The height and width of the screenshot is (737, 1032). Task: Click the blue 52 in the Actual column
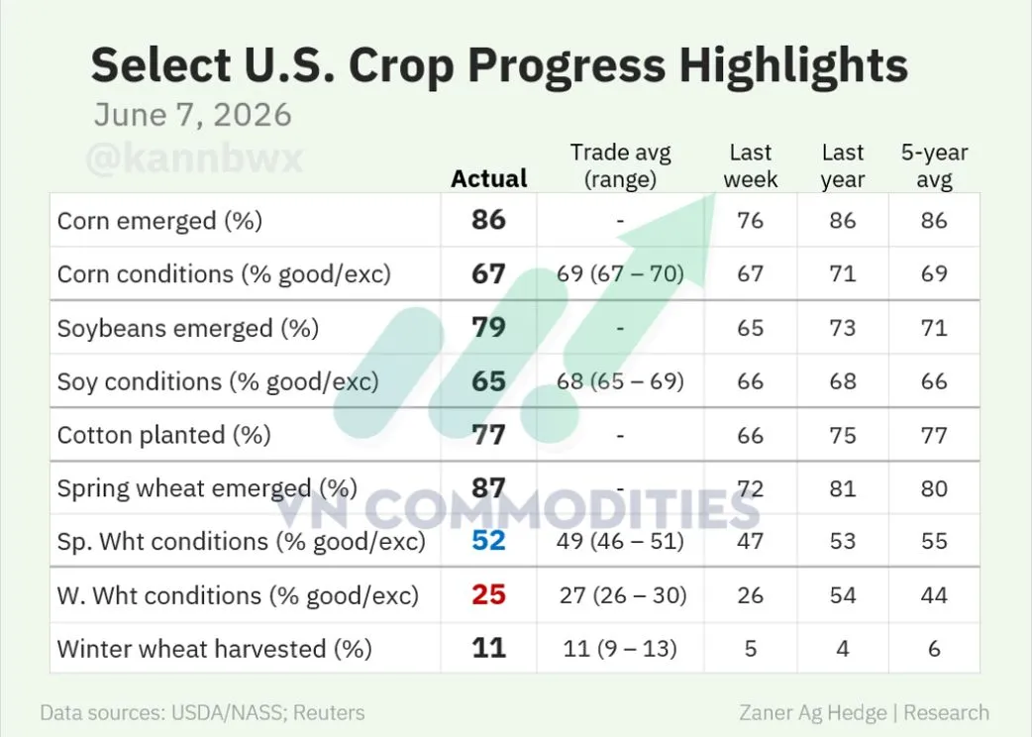[x=488, y=541]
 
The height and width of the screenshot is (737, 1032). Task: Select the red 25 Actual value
[x=488, y=595]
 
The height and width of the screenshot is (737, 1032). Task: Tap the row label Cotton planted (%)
[x=163, y=435]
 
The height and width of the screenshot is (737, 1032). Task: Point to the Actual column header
[x=489, y=178]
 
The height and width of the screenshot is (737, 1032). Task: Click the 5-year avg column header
[x=935, y=165]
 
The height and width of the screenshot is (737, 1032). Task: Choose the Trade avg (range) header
[x=621, y=165]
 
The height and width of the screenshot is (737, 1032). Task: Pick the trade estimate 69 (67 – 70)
[x=621, y=273]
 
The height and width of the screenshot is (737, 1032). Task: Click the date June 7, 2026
[x=192, y=115]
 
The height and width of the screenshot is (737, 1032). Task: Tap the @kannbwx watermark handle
[x=194, y=158]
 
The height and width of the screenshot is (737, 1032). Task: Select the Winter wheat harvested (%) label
[x=215, y=649]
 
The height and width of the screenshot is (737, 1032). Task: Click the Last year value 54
[x=843, y=595]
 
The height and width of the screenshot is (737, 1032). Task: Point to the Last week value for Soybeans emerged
[x=751, y=328]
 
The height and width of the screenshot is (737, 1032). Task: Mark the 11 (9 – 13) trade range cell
[x=620, y=649]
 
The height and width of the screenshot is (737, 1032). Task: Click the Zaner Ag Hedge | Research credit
[x=865, y=712]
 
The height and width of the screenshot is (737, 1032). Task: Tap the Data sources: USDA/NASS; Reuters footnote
[x=202, y=712]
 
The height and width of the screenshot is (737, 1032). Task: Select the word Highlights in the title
[x=793, y=64]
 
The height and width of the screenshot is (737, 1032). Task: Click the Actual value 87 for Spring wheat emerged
[x=488, y=487]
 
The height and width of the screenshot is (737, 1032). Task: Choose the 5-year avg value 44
[x=935, y=595]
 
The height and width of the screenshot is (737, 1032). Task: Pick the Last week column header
[x=751, y=165]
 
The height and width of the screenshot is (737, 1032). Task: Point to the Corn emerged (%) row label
[x=159, y=221]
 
